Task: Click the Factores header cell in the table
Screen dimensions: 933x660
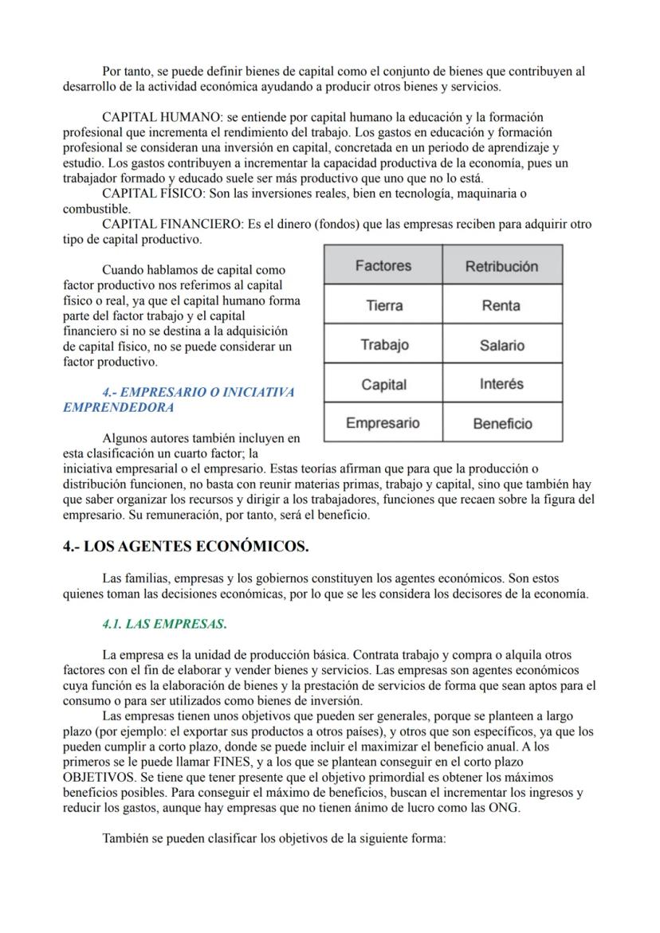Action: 383,265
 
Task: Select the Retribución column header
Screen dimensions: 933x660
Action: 501,265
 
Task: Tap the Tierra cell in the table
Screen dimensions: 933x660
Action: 383,305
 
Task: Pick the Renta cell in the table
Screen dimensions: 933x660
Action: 501,305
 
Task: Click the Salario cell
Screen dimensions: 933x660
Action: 501,345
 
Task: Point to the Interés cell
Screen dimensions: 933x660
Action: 501,384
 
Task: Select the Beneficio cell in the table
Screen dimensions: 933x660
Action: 501,424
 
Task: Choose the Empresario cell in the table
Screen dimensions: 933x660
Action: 383,423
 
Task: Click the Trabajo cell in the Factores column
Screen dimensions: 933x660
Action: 383,344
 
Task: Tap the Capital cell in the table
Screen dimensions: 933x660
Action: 383,385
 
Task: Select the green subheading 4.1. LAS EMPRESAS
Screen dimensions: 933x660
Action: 164,623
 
